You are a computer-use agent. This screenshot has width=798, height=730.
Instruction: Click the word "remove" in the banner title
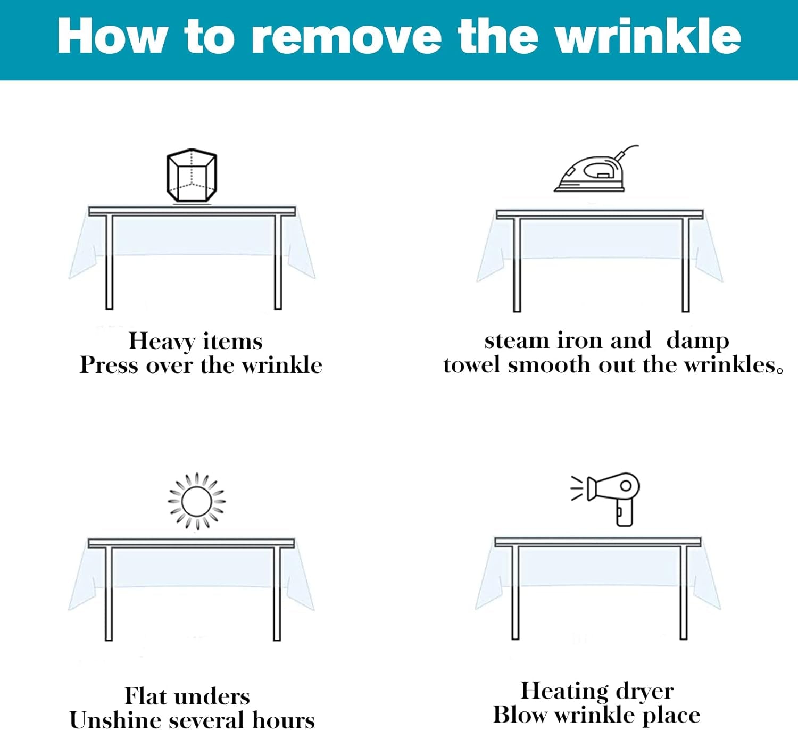[x=346, y=37]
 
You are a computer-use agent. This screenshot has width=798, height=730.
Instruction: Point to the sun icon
[x=197, y=502]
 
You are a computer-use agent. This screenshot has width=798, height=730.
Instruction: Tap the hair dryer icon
[x=605, y=499]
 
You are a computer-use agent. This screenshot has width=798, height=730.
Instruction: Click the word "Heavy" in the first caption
[x=162, y=342]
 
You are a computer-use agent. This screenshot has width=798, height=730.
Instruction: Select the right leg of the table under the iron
[x=685, y=264]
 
